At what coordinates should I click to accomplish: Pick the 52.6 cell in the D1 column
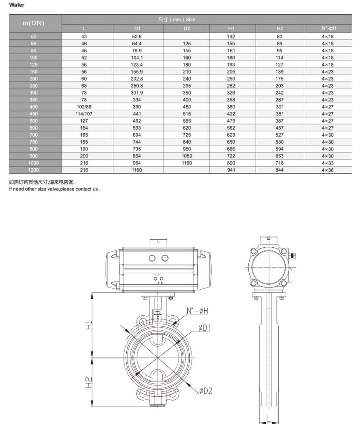tap(137, 37)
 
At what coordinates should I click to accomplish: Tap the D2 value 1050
tap(186, 156)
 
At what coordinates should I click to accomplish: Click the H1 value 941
tap(231, 170)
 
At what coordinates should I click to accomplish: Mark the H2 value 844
tap(280, 170)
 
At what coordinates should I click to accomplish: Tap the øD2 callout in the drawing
tap(205, 390)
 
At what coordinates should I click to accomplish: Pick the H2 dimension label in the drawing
tap(88, 381)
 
